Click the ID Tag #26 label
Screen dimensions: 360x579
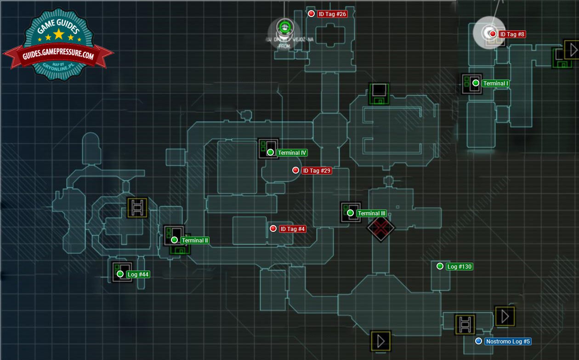[332, 14]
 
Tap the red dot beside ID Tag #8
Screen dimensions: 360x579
[493, 34]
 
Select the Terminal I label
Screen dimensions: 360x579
[495, 84]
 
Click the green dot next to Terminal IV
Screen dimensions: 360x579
[270, 152]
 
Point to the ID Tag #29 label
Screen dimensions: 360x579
[317, 170]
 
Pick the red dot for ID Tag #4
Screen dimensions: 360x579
[273, 228]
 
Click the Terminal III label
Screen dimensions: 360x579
[371, 213]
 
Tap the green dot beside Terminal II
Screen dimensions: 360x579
[174, 240]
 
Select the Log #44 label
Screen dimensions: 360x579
[137, 274]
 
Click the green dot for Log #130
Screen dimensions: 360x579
[440, 266]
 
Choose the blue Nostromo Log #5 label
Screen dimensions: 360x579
[508, 341]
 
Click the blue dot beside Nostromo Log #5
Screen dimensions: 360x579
[478, 341]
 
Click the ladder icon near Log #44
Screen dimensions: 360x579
[137, 208]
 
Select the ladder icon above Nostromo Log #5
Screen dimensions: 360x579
[465, 324]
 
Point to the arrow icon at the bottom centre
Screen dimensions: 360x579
[380, 341]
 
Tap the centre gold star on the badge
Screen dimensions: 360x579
[59, 34]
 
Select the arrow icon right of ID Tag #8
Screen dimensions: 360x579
[572, 49]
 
